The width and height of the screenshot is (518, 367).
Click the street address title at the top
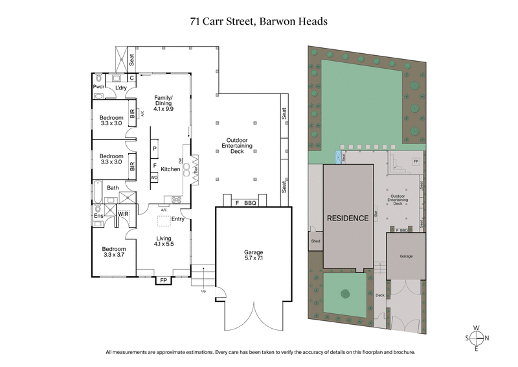click(x=258, y=21)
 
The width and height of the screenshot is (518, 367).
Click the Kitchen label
click(x=170, y=169)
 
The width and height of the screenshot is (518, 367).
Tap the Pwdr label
click(x=99, y=86)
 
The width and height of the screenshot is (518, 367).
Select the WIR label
click(x=123, y=213)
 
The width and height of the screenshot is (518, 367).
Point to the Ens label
click(x=98, y=216)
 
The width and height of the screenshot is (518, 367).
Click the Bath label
click(x=113, y=188)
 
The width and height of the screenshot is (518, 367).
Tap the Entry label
click(x=178, y=219)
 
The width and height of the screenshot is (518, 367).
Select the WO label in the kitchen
click(x=154, y=176)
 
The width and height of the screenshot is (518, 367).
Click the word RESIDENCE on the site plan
click(x=347, y=218)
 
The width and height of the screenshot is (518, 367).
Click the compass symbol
click(x=478, y=338)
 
